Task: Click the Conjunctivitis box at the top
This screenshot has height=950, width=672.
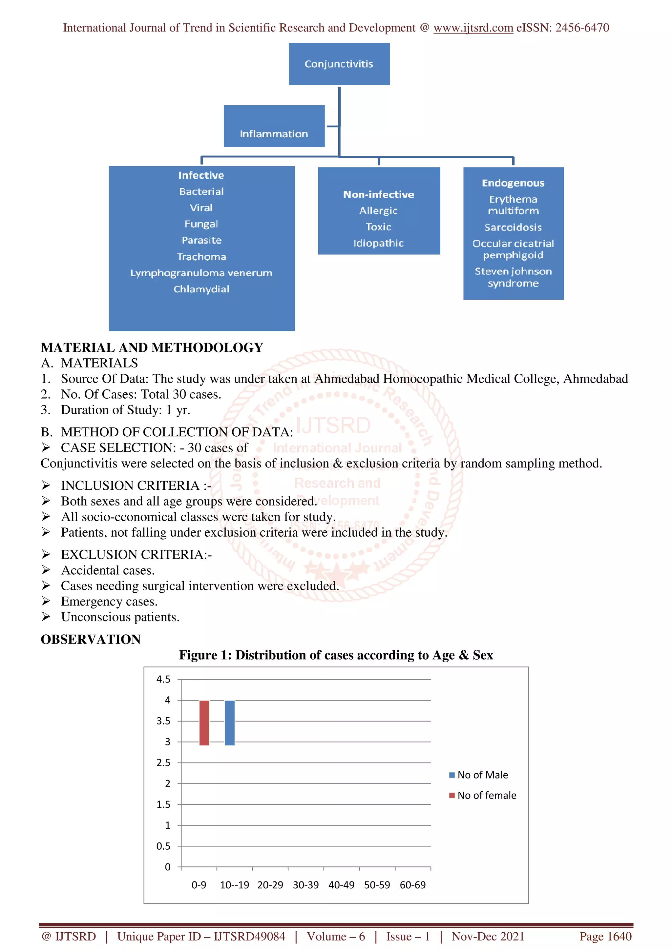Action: click(339, 64)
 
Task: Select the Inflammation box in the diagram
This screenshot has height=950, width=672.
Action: click(274, 126)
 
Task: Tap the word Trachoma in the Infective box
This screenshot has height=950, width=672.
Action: click(202, 257)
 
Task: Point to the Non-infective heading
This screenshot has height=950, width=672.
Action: click(378, 194)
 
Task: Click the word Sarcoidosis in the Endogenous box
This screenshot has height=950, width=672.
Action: click(513, 227)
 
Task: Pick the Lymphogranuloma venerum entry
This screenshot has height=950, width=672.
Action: click(201, 273)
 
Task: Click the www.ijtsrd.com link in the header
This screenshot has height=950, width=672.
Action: click(473, 28)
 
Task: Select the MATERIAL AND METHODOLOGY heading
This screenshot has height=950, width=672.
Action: click(152, 347)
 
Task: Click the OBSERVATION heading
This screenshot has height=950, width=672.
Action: click(91, 639)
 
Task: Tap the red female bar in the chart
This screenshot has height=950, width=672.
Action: click(204, 723)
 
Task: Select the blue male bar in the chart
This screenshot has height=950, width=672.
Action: click(229, 723)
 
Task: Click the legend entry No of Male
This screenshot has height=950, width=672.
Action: click(482, 775)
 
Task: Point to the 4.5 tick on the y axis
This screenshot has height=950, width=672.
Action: click(163, 680)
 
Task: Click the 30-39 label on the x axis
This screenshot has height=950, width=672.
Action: click(305, 885)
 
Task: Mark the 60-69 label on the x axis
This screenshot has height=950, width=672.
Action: click(412, 885)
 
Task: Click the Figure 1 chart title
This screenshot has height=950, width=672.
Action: click(336, 655)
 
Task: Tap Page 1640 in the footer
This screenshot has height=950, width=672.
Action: click(605, 936)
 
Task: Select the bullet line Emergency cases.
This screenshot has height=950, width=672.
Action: click(109, 601)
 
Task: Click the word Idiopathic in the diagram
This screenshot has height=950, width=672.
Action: click(378, 243)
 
